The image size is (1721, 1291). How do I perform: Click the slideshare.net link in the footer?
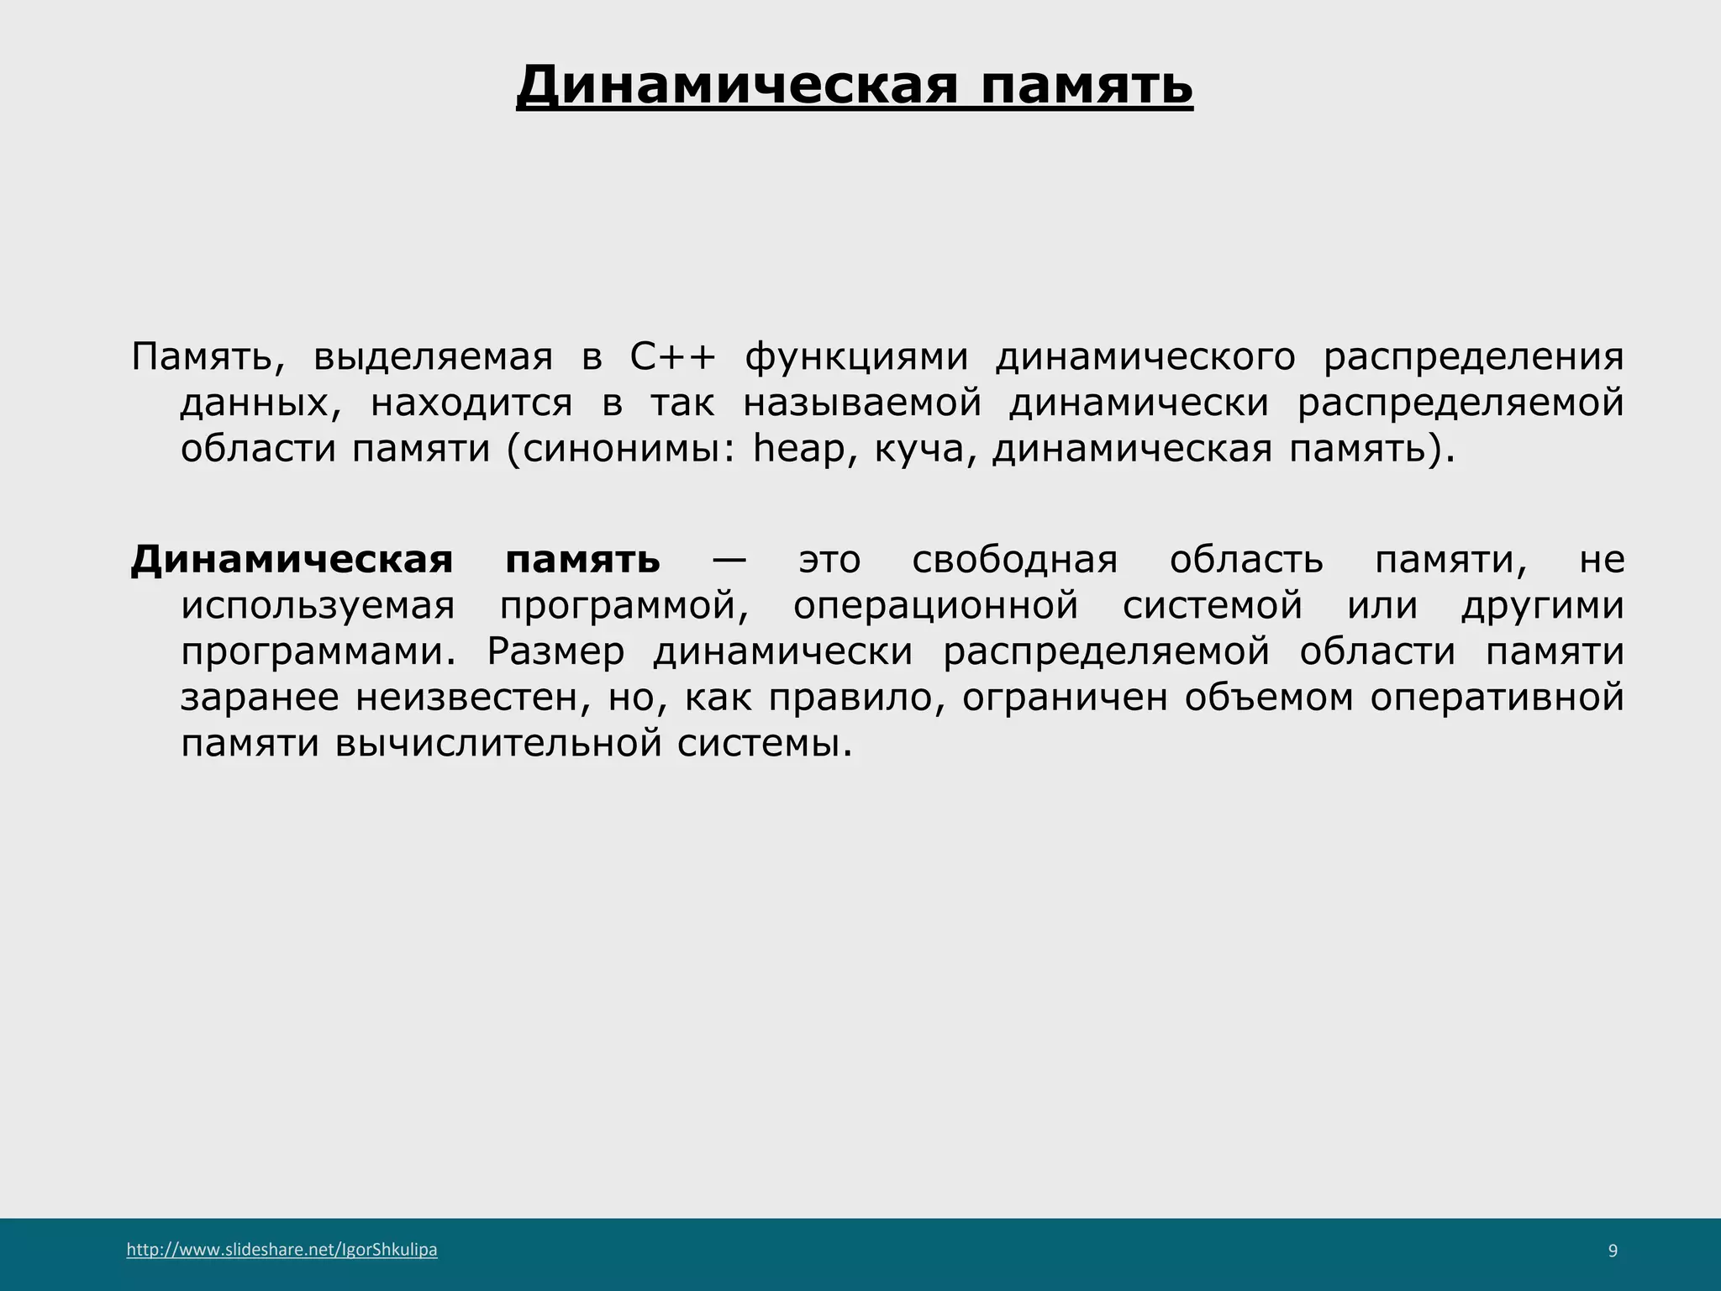tap(282, 1250)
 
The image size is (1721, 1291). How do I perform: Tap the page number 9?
tap(1613, 1251)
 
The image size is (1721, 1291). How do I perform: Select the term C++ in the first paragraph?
tap(672, 357)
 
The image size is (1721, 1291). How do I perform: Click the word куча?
tap(918, 449)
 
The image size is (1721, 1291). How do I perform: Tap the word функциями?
tap(856, 357)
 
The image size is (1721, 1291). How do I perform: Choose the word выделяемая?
tap(433, 357)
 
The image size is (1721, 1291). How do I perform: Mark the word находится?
tap(471, 403)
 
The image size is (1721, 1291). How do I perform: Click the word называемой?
tap(862, 403)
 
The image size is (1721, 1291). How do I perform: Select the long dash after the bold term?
tap(729, 560)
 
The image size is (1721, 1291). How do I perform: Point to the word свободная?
tap(1014, 560)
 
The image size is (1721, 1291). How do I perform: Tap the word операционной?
tap(935, 606)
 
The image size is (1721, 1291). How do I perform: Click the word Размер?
tap(555, 652)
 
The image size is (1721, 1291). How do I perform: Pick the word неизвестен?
tap(466, 698)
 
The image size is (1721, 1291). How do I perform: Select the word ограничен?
tap(1065, 698)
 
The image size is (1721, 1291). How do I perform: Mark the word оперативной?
tap(1497, 698)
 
